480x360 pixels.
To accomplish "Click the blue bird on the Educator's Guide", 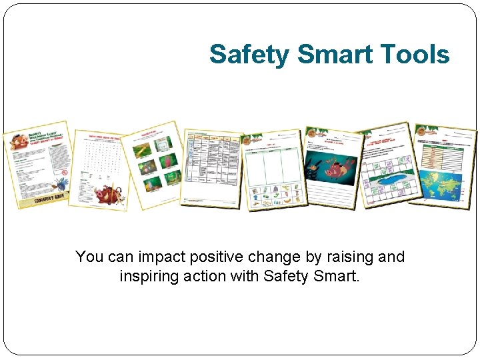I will pyautogui.click(x=59, y=182).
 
